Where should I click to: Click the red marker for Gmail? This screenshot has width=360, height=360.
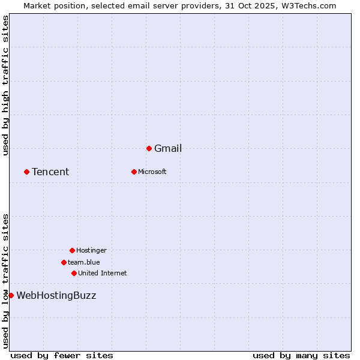(x=149, y=148)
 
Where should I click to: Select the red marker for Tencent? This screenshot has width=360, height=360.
(x=26, y=172)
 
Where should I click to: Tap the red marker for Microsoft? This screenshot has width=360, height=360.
(x=134, y=172)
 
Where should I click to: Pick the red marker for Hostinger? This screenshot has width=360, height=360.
(x=72, y=250)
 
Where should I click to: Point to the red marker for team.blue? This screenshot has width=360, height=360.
(x=64, y=262)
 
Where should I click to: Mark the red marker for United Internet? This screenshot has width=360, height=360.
(x=74, y=273)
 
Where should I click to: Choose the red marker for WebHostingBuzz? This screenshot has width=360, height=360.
(x=11, y=295)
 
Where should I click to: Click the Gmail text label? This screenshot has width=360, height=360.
(x=168, y=149)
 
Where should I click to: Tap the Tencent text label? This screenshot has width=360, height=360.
(x=50, y=172)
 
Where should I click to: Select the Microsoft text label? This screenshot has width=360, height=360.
(x=152, y=172)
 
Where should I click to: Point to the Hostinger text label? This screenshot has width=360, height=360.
(x=91, y=250)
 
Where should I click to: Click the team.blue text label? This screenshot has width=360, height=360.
(x=84, y=262)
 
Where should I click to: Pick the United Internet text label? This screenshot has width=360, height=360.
(x=102, y=273)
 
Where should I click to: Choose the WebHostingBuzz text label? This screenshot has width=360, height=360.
(x=56, y=295)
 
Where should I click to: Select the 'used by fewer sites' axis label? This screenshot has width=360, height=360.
(x=62, y=355)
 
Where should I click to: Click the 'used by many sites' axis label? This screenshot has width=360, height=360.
(x=301, y=355)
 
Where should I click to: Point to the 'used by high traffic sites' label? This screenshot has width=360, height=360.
(x=5, y=85)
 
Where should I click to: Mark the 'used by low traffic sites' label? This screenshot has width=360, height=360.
(x=5, y=280)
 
